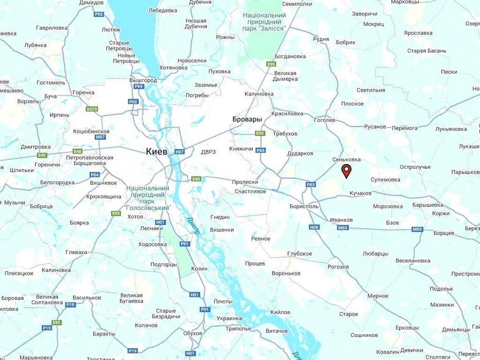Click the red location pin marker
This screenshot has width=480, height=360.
tap(347, 171)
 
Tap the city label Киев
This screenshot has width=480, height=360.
tap(156, 151)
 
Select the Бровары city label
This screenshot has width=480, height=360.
tap(247, 119)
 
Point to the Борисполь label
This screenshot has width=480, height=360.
tap(304, 206)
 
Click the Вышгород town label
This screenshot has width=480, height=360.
tap(143, 81)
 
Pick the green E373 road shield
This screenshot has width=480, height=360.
tap(92, 109)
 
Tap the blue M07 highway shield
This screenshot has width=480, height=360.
tap(100, 137)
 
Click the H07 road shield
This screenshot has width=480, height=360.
tap(180, 152)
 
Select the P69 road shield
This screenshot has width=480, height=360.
tap(138, 86)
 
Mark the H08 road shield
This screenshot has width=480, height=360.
tap(314, 227)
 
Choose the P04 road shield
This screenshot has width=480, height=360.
tap(94, 174)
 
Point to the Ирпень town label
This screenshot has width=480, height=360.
tap(60, 115)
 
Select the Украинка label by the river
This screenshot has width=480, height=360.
tap(229, 318)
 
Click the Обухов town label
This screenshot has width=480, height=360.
tap(192, 333)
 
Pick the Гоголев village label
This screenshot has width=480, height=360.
tap(324, 120)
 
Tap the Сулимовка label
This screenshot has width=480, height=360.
tap(385, 179)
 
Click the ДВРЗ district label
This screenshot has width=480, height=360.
tap(208, 152)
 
